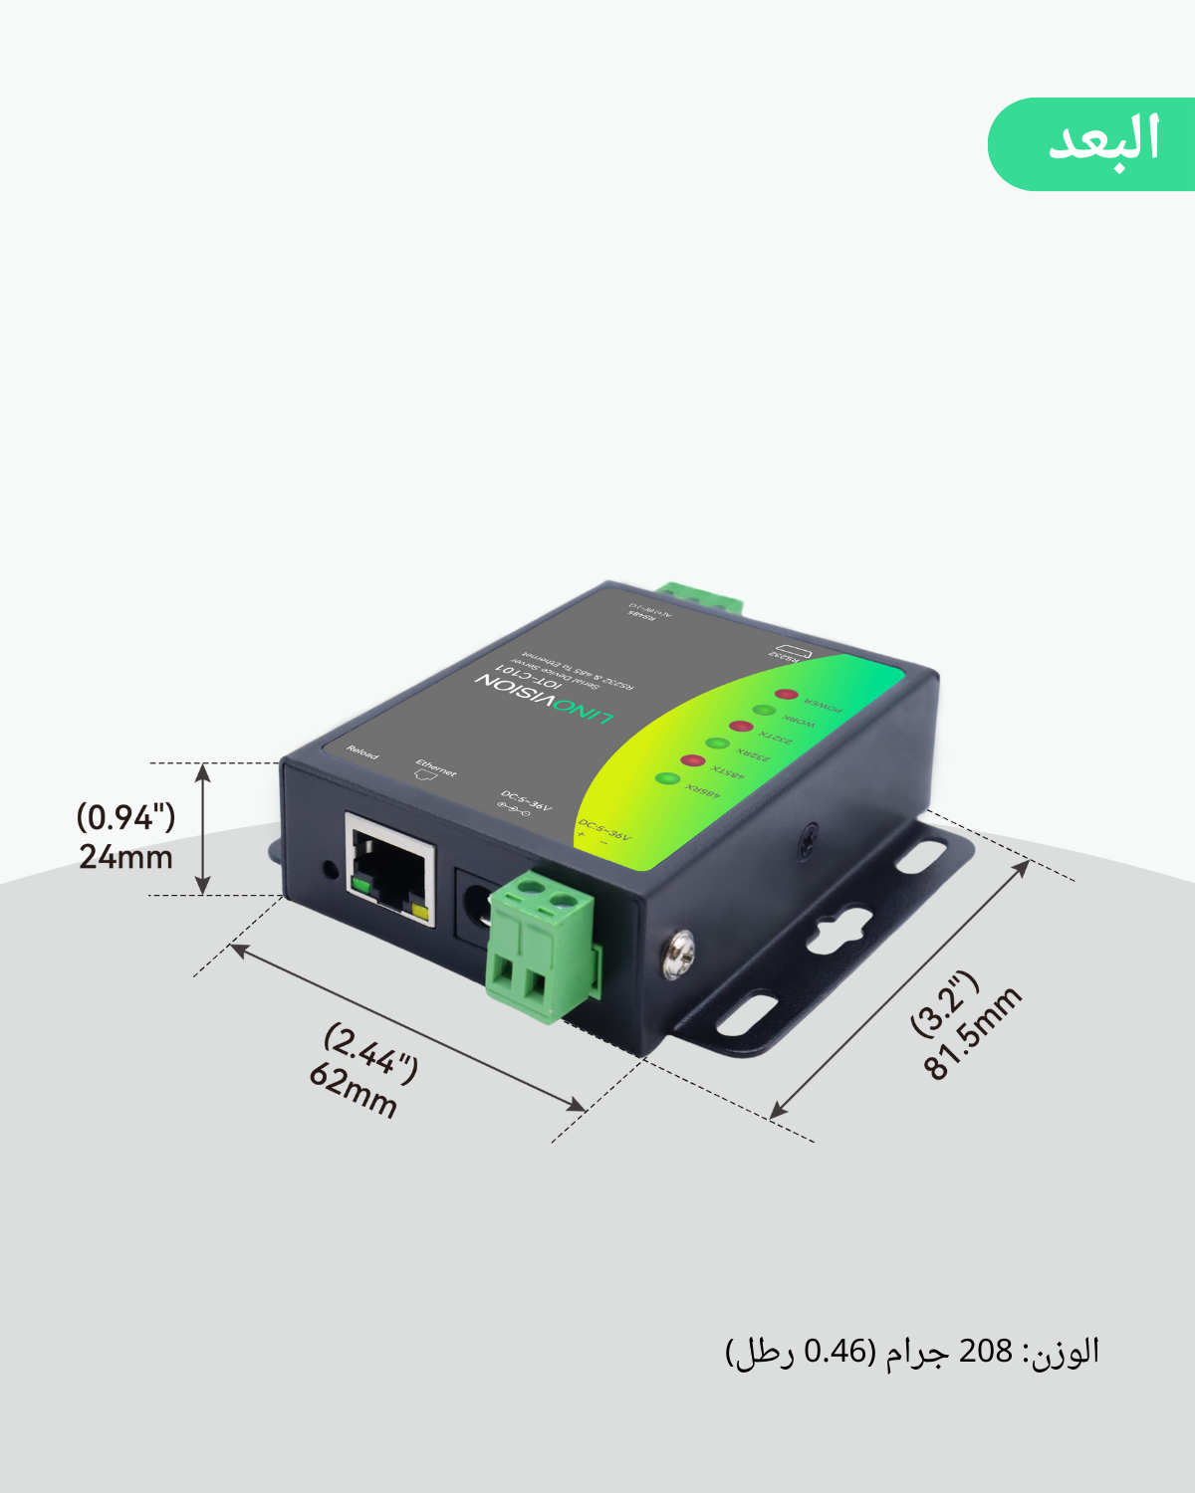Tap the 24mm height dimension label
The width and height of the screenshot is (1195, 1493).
[125, 837]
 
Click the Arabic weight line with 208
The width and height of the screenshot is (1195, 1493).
[912, 1352]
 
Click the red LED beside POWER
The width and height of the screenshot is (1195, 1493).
[787, 694]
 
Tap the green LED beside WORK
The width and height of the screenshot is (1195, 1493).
[764, 711]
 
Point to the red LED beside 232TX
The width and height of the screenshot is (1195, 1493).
[739, 727]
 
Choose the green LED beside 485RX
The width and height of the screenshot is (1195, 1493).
[667, 778]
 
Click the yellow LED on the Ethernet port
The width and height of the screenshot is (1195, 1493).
[419, 912]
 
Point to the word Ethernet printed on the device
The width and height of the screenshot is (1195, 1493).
[435, 767]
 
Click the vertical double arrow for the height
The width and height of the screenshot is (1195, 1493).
[203, 829]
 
